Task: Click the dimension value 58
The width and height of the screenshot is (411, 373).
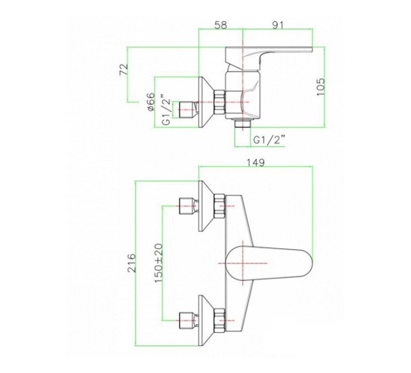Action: pyautogui.click(x=221, y=25)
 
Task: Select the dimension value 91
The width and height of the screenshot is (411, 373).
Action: pyautogui.click(x=278, y=25)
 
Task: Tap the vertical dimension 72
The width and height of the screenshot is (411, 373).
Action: pyautogui.click(x=124, y=69)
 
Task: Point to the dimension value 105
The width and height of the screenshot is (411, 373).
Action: pyautogui.click(x=321, y=87)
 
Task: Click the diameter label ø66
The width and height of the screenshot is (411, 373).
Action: pyautogui.click(x=151, y=102)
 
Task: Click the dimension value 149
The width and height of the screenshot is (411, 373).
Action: pyautogui.click(x=256, y=163)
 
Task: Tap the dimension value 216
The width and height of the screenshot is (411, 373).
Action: pyautogui.click(x=132, y=263)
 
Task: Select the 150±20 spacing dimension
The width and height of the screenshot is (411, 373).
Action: pyautogui.click(x=158, y=263)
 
